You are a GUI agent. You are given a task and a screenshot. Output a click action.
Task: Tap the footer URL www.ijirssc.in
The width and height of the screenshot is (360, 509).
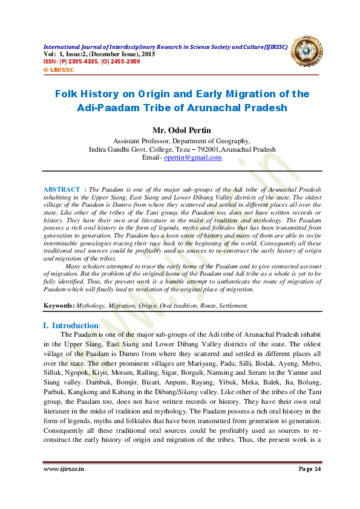pos(64,468)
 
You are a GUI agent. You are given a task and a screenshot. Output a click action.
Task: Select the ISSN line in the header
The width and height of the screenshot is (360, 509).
pos(91,62)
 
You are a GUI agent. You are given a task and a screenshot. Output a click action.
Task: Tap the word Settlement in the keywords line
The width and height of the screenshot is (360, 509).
pos(229,306)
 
